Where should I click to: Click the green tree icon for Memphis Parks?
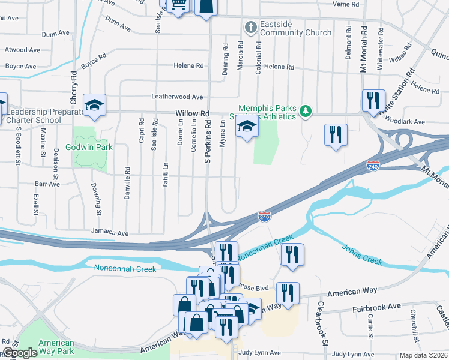click(x=306, y=111)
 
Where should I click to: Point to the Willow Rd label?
click(x=192, y=113)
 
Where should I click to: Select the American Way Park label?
click(x=56, y=347)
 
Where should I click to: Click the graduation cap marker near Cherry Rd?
click(x=95, y=106)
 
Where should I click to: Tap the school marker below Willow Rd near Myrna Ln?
click(x=246, y=127)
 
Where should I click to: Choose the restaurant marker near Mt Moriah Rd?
click(x=373, y=100)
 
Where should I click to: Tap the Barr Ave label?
click(x=47, y=184)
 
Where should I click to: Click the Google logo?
click(x=19, y=353)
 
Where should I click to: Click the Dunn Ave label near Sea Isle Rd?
click(x=118, y=24)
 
